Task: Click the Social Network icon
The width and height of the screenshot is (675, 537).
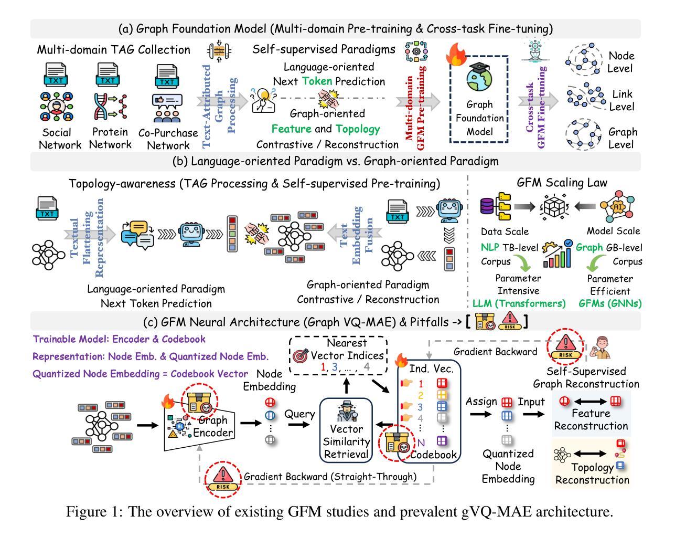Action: (x=56, y=107)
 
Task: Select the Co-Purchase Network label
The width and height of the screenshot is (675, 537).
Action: (x=168, y=139)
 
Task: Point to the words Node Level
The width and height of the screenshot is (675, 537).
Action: (x=621, y=62)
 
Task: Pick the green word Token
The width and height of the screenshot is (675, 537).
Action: (x=316, y=81)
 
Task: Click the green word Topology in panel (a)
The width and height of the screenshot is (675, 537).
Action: (x=358, y=129)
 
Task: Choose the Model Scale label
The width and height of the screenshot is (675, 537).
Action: (x=613, y=231)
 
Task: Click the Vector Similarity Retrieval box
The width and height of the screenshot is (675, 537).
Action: (x=347, y=428)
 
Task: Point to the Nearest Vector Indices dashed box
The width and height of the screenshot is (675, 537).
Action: (x=337, y=356)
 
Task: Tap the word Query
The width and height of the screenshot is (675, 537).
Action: (x=299, y=414)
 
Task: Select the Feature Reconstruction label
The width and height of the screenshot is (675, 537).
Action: (x=591, y=419)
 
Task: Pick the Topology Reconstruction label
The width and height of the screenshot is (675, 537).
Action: (x=592, y=473)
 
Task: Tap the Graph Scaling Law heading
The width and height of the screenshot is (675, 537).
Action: (x=561, y=183)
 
